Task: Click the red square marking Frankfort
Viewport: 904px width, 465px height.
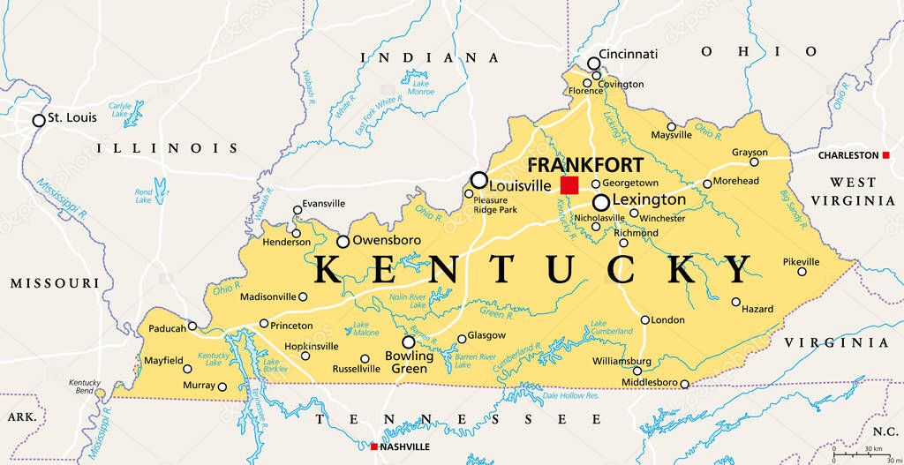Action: point(569,184)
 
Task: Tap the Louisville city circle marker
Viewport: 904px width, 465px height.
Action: point(478,180)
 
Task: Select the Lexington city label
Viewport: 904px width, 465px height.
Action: point(649,200)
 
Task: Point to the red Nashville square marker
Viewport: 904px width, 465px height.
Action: point(374,447)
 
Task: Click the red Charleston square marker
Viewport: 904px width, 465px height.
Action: point(885,155)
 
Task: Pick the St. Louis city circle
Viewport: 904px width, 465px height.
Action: point(39,120)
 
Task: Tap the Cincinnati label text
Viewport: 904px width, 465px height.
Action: point(628,54)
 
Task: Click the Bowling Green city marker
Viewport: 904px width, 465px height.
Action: point(408,341)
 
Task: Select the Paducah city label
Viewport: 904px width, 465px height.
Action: point(167,328)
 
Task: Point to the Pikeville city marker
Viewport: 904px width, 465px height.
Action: point(802,272)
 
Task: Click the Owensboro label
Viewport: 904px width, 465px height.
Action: point(386,240)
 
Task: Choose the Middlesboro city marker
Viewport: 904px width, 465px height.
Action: point(684,383)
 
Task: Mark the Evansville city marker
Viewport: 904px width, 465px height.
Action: point(298,210)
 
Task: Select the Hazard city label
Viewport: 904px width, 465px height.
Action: point(757,309)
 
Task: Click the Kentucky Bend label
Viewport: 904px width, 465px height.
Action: point(85,386)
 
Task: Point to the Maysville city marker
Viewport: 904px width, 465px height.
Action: point(671,126)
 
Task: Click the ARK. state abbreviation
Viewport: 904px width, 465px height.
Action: point(20,415)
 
